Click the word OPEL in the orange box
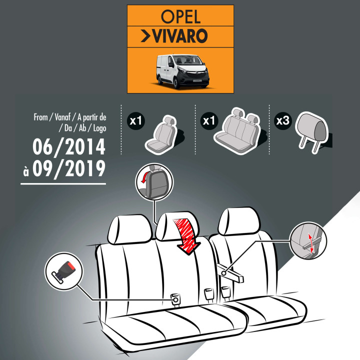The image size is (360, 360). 180,16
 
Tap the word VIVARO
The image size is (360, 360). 180,36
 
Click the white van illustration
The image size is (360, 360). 183,71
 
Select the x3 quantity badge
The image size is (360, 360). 283,120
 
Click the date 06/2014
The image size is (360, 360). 69,146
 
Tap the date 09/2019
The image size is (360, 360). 69,169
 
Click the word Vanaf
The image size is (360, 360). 62,117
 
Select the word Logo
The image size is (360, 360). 99,128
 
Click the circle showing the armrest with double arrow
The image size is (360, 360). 308,241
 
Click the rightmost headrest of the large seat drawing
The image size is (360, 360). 239,221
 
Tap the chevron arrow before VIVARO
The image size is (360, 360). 145,36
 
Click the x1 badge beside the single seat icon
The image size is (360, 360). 136,120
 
